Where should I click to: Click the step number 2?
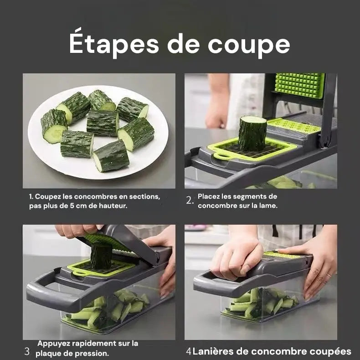[190, 200]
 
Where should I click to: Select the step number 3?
[27, 351]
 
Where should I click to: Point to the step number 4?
[188, 351]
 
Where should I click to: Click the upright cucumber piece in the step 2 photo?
[252, 133]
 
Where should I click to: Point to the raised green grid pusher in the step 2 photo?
[299, 85]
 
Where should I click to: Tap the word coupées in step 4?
[330, 351]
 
